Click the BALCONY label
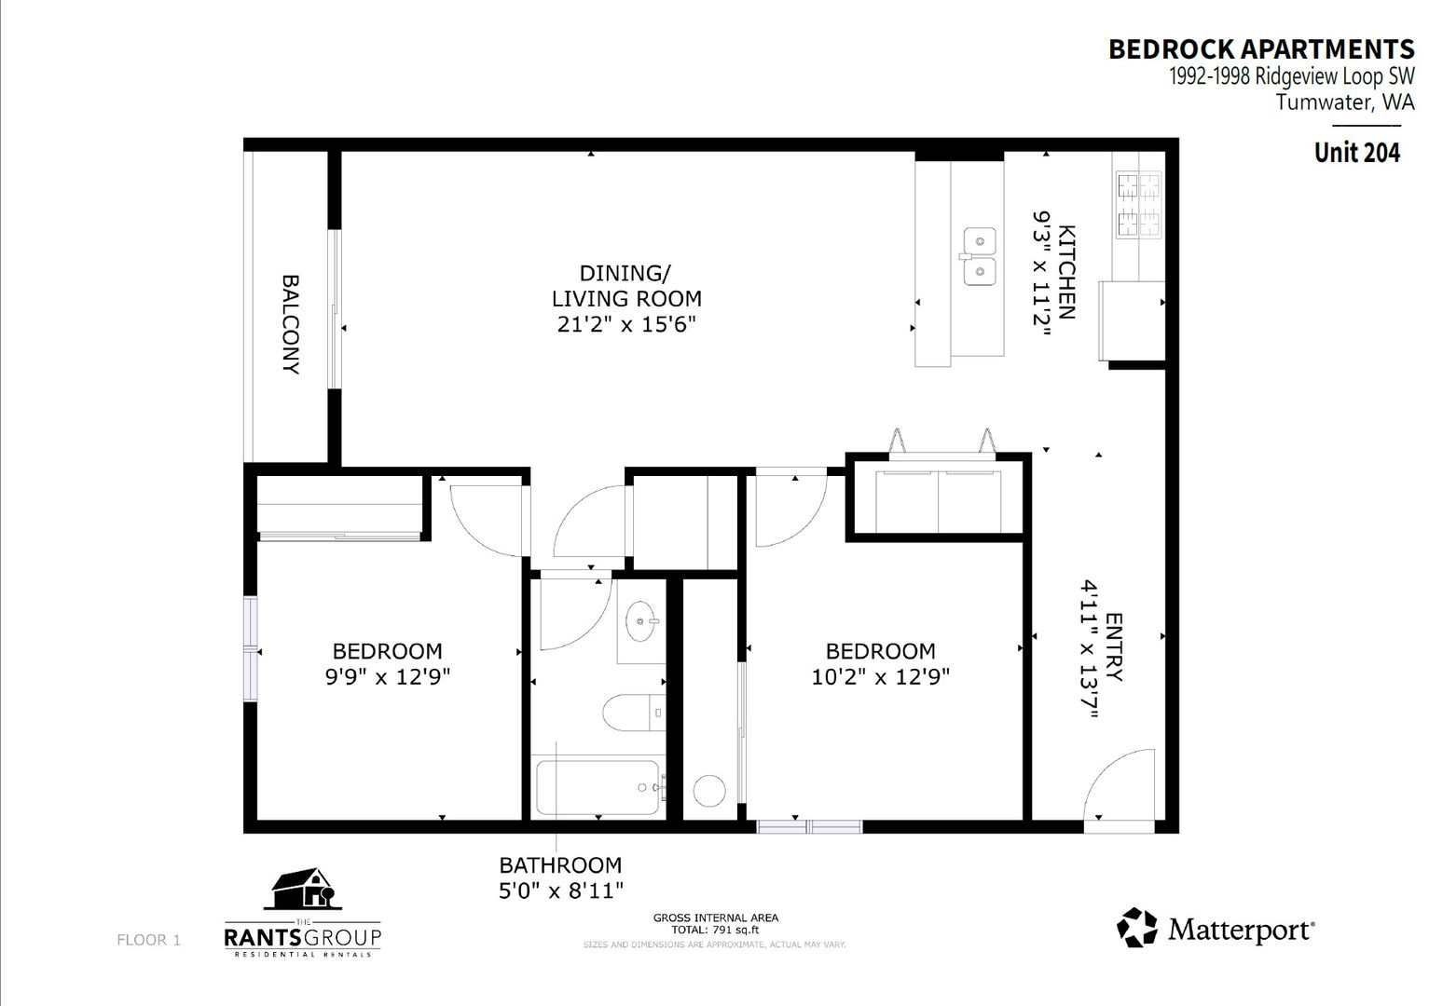(291, 324)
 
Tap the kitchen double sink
(980, 256)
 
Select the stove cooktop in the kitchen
(1139, 205)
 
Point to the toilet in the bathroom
(634, 712)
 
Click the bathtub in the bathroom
(598, 787)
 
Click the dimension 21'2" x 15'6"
(625, 324)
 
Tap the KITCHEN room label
(1066, 272)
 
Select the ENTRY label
(1113, 647)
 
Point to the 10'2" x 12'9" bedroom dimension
(880, 676)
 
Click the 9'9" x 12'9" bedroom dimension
(388, 676)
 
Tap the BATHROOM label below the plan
(560, 865)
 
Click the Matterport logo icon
(1137, 928)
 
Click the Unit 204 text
(1357, 153)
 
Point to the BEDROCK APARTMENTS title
(1261, 49)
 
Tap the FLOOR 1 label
(148, 940)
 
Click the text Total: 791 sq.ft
(715, 931)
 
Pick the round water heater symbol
(709, 791)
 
